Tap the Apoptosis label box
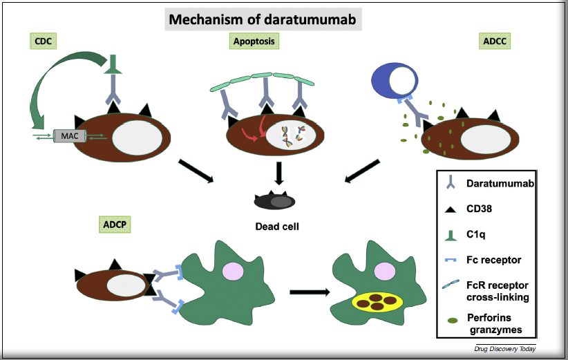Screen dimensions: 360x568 tap(253, 41)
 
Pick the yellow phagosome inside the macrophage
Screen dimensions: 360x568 tap(377, 302)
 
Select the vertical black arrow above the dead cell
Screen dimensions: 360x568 tap(278, 172)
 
